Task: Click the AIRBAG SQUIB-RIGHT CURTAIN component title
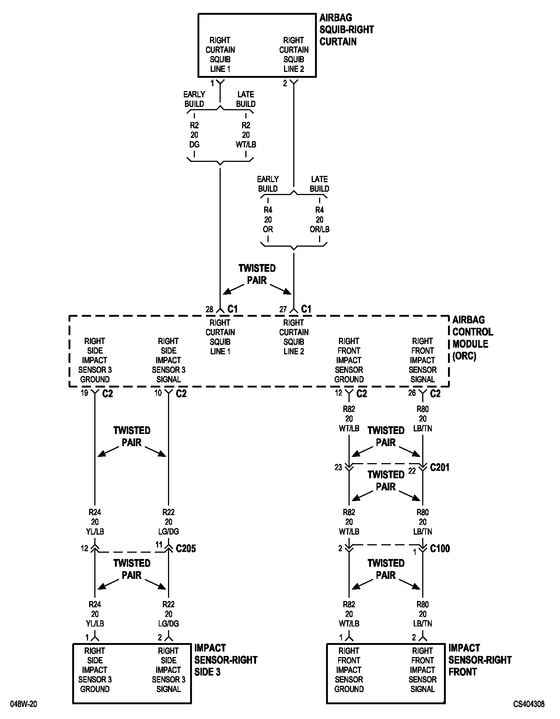pos(346,29)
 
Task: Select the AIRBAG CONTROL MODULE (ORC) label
pos(472,338)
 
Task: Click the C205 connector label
pos(186,549)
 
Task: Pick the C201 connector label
pos(440,468)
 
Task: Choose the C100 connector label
pos(440,549)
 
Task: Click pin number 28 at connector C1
pos(209,309)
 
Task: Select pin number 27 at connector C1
pos(283,309)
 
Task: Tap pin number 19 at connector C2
pos(84,393)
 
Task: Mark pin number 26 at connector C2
pos(412,393)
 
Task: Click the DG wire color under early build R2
pos(194,145)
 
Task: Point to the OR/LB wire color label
pos(319,229)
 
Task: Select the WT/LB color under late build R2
pos(246,145)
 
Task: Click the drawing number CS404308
pos(529,704)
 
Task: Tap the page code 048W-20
pos(24,704)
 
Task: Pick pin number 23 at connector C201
pos(338,467)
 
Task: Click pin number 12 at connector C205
pos(84,548)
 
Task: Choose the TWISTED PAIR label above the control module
pos(257,274)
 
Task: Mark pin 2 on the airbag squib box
pos(285,83)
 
